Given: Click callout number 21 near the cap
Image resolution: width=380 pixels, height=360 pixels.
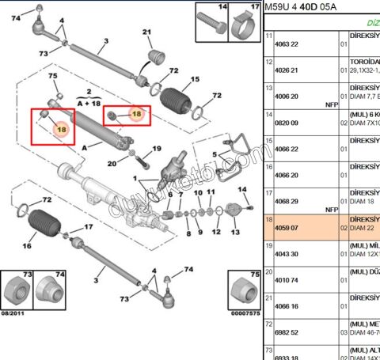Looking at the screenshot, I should coord(146,32).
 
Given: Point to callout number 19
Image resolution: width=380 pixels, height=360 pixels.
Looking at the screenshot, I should coord(156,148).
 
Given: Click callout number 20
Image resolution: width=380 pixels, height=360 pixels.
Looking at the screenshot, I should coord(112,164).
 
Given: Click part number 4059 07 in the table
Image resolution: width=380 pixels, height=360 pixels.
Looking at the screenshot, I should coord(284,226).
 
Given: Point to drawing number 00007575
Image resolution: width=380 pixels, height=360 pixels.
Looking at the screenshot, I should coord(244,315).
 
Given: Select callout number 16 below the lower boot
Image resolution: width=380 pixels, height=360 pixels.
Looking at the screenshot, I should coord(27,246).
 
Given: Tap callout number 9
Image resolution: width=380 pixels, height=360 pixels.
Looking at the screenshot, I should coord(199,232).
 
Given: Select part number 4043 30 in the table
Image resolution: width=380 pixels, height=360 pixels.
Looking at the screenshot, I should coord(284,253).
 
